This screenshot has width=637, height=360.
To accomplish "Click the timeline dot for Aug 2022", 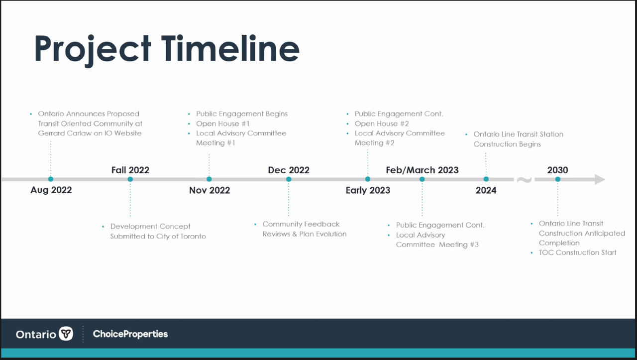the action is [51, 179].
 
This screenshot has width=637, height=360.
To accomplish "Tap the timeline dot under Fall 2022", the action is [130, 179].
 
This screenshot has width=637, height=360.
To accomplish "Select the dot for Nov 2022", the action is [209, 179].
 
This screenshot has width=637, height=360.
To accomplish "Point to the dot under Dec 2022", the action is [289, 179].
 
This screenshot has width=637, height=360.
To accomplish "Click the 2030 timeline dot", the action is [558, 179].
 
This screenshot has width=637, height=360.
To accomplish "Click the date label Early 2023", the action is [368, 190].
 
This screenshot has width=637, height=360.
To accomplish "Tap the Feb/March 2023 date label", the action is [422, 170].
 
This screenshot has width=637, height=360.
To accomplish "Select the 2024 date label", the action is [486, 190].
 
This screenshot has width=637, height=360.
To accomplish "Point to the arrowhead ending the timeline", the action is [600, 179].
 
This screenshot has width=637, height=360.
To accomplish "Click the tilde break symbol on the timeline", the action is [524, 180].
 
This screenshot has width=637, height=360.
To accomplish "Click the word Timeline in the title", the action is [230, 48].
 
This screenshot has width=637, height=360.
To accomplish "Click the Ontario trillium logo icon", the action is [66, 334].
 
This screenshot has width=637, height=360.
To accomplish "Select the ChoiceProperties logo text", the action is [130, 334].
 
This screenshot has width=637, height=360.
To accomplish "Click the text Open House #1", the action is [222, 123].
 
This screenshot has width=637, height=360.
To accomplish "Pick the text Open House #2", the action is [382, 123].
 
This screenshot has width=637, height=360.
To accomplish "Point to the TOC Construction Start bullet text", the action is [578, 252].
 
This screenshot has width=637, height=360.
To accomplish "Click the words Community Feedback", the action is [301, 224].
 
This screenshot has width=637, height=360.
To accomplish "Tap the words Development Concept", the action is [150, 227].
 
